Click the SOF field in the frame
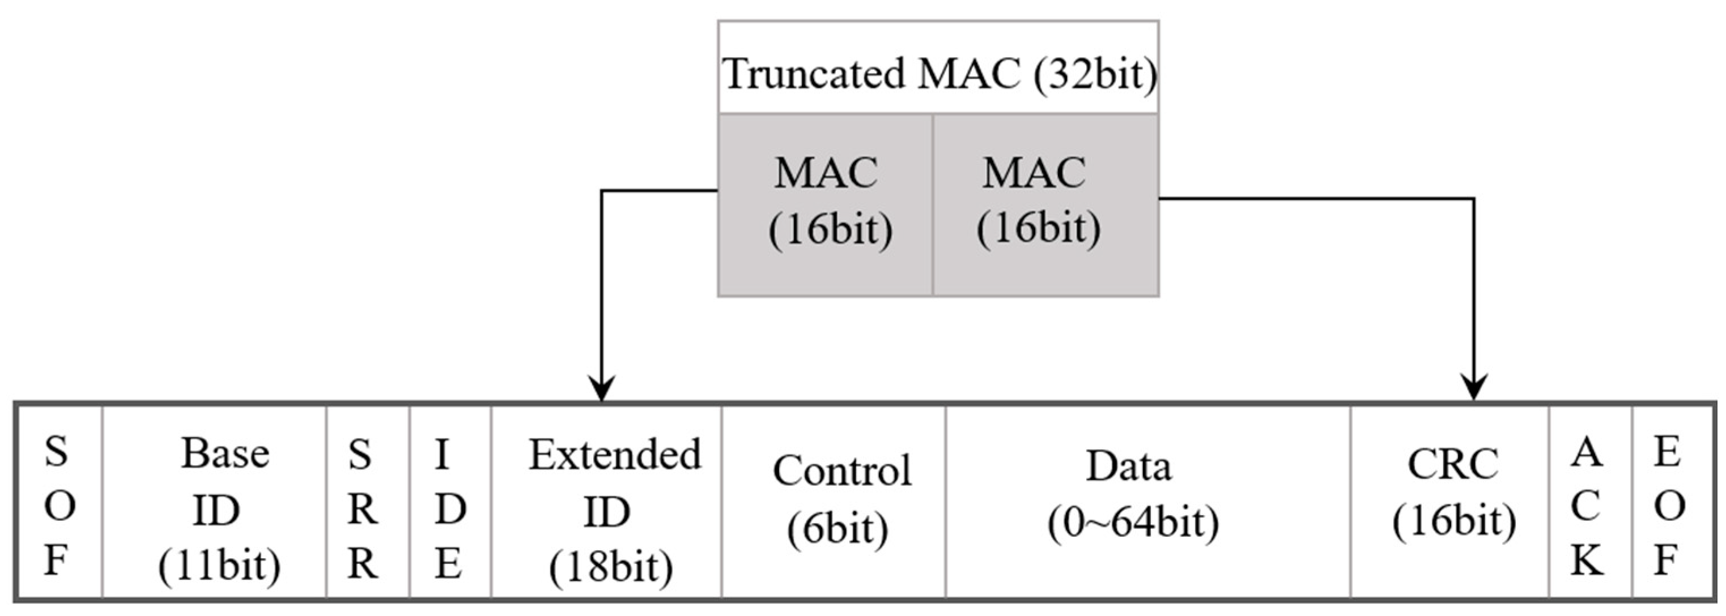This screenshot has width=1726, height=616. [x=58, y=502]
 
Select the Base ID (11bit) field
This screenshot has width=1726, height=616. [x=214, y=502]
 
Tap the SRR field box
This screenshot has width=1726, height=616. [x=368, y=502]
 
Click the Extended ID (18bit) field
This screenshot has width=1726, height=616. [x=606, y=502]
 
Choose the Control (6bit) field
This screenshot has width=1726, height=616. [x=834, y=502]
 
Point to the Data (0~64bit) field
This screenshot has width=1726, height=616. [x=1147, y=502]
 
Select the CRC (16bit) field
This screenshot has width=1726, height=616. [x=1449, y=502]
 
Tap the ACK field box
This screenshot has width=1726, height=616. [x=1590, y=502]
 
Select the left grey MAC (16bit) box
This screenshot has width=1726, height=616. [x=826, y=204]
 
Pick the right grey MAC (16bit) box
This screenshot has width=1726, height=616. [x=1045, y=204]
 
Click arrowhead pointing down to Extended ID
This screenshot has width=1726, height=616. [x=602, y=390]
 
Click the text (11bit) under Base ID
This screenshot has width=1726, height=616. [x=219, y=566]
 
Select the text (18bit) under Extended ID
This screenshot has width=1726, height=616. [x=610, y=568]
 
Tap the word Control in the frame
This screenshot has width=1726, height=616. [x=841, y=470]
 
